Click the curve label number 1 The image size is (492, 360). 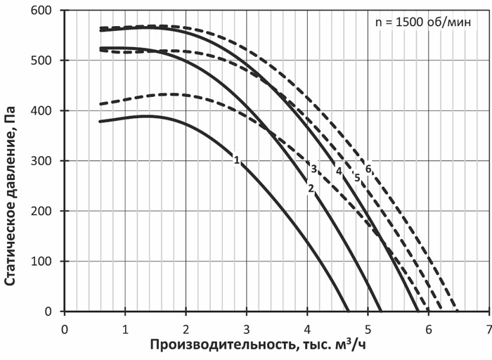(x=237, y=160)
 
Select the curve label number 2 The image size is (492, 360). (x=310, y=188)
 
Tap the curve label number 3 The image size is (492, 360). (x=313, y=168)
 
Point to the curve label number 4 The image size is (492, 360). (x=339, y=171)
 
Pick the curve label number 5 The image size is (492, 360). (x=357, y=177)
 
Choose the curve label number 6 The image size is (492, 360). (x=368, y=169)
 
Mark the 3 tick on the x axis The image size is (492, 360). (x=246, y=328)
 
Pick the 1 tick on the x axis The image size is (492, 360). (x=125, y=328)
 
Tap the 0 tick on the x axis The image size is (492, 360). (x=65, y=328)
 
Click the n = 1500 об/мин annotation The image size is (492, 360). (x=423, y=22)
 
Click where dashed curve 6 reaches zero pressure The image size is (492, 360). (x=458, y=311)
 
